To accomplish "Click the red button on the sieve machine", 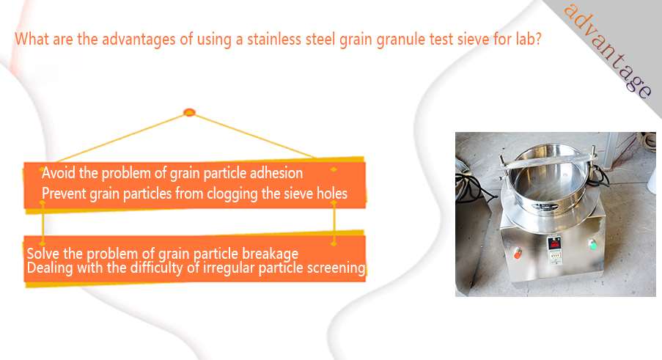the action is point(517,254).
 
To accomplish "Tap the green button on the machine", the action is point(592,244).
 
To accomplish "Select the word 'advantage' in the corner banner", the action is point(608,51).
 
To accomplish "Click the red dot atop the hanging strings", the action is point(189,112).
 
